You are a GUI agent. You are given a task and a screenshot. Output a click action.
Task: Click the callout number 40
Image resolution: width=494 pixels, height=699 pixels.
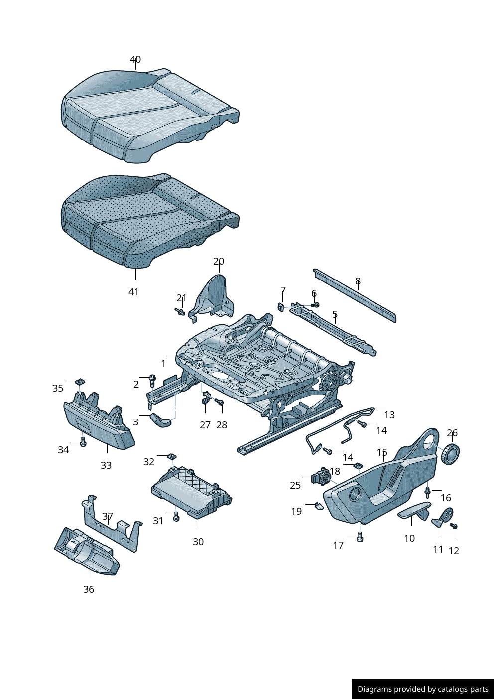click(135, 59)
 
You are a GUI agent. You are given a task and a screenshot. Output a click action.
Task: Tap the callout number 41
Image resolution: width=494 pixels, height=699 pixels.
click(133, 292)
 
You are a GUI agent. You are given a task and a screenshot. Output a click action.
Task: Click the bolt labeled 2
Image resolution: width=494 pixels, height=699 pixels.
click(152, 381)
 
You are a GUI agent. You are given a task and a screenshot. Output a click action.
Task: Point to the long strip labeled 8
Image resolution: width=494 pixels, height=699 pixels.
click(355, 295)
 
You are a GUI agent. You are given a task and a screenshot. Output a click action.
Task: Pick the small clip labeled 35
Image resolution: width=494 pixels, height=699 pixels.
click(80, 382)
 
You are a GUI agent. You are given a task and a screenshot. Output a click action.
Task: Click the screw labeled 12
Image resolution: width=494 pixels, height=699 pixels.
click(454, 526)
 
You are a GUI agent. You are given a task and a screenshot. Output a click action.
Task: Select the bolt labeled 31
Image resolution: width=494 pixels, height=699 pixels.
click(176, 516)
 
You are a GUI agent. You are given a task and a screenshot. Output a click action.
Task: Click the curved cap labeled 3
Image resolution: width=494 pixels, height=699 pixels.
click(161, 420)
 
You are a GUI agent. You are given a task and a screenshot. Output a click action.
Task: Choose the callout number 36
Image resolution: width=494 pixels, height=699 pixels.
click(89, 589)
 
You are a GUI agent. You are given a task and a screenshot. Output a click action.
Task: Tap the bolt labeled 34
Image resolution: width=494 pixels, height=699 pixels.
click(83, 443)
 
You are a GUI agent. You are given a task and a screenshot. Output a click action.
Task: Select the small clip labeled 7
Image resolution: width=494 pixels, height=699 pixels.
click(281, 307)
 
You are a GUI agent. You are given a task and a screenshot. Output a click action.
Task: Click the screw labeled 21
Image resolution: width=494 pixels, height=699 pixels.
click(180, 312)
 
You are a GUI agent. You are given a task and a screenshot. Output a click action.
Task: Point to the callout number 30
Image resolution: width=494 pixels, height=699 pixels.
click(198, 542)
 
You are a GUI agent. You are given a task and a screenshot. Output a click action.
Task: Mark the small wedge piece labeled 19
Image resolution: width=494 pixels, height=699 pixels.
click(319, 506)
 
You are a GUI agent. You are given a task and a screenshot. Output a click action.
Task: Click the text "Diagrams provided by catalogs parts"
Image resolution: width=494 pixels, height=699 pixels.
click(423, 689)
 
